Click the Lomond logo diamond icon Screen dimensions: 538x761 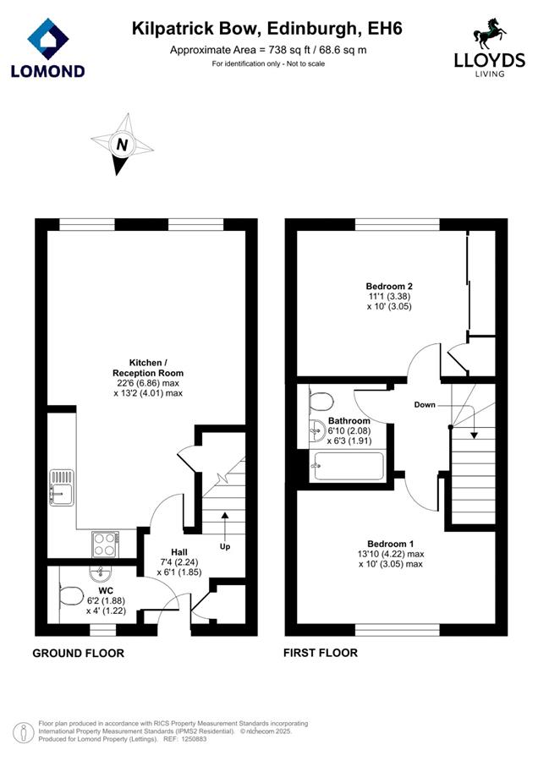[47, 39]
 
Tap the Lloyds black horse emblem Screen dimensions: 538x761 [490, 34]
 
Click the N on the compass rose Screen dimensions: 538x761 [122, 144]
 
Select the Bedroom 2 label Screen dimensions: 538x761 [389, 287]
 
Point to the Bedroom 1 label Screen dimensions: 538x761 [391, 544]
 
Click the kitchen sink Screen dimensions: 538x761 [61, 487]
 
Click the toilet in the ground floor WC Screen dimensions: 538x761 [71, 595]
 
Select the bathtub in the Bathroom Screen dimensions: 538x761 [348, 466]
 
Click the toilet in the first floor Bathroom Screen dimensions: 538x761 [321, 402]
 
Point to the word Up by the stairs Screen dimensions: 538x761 [225, 546]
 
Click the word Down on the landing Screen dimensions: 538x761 [425, 404]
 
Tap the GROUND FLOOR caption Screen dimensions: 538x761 [78, 654]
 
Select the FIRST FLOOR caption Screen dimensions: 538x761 [321, 653]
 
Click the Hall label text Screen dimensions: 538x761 [179, 552]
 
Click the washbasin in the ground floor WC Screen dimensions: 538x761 [101, 573]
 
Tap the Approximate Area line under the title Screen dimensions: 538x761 [268, 50]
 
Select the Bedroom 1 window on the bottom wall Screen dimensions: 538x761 [398, 630]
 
